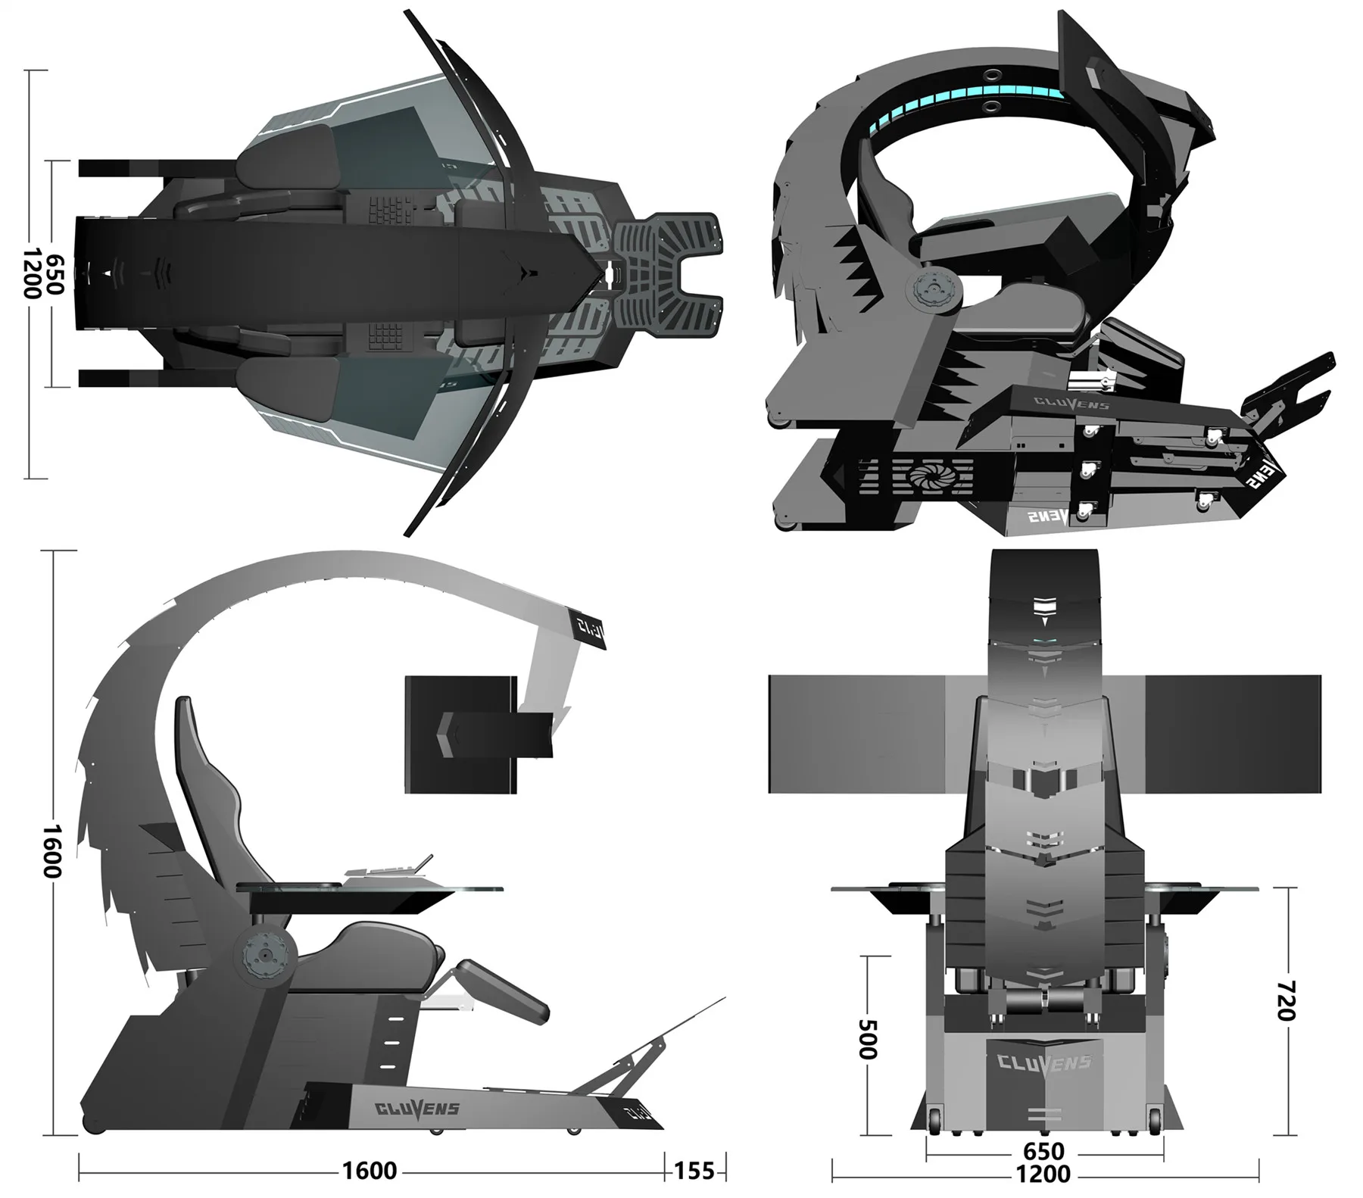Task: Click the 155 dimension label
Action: coord(694,1171)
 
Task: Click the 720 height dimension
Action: coord(1287,1000)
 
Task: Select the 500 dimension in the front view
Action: coord(867,1038)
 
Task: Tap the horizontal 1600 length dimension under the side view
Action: coord(369,1171)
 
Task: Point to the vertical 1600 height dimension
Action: coord(50,852)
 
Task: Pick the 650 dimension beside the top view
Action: coord(55,274)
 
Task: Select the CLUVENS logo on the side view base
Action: coord(416,1109)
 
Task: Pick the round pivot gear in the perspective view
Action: coord(933,290)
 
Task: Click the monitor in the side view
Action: coord(462,734)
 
